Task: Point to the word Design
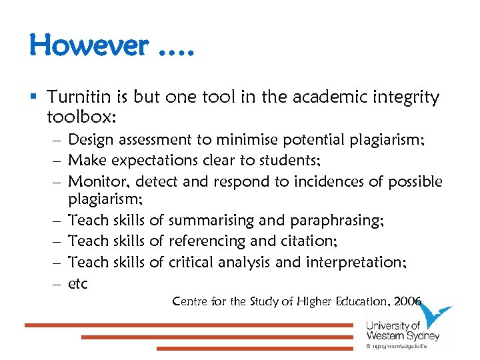tap(93, 140)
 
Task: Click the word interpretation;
tap(356, 262)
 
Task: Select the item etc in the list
tap(78, 283)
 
